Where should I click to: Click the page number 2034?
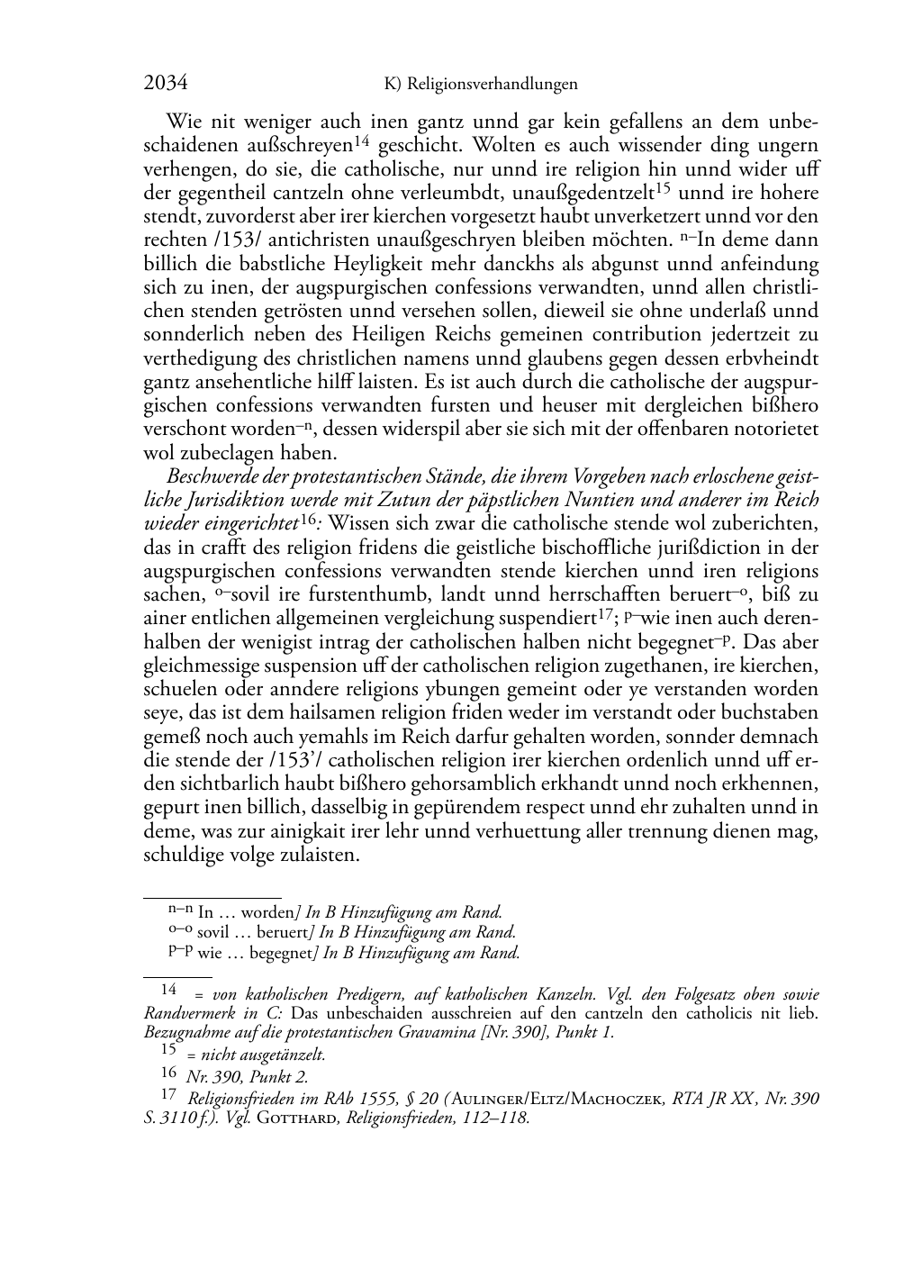coord(166,84)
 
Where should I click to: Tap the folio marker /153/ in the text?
coord(213,240)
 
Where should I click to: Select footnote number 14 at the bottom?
coord(168,989)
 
